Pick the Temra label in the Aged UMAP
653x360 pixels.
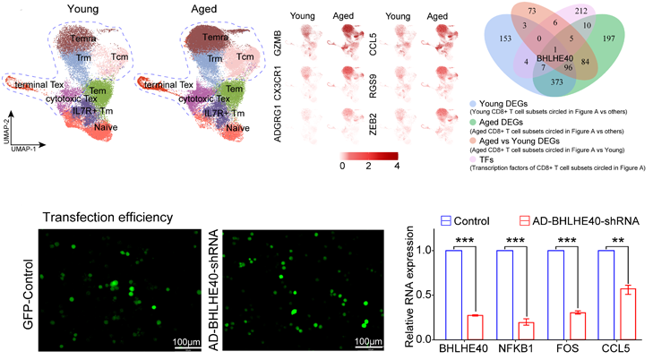pos(207,40)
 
